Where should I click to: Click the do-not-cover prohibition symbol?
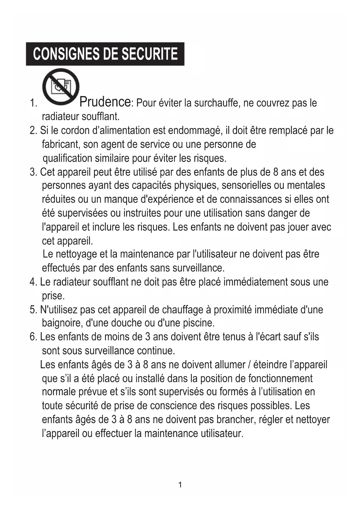coord(61,86)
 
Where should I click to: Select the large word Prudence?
coord(105,102)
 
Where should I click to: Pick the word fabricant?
coord(61,144)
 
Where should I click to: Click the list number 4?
coord(33,282)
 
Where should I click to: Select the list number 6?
coord(33,337)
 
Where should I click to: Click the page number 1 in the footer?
coord(180,485)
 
